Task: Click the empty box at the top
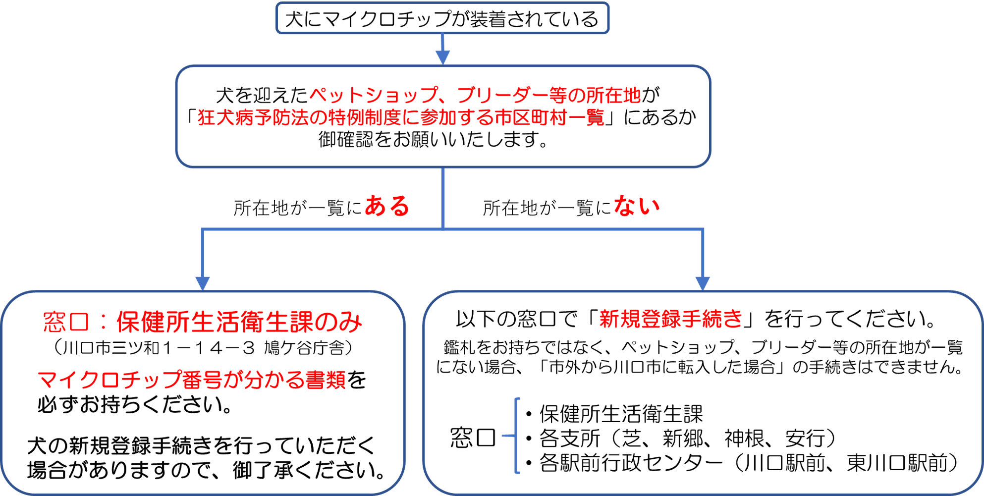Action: coord(442,18)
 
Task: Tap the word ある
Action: coord(387,206)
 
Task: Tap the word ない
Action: coord(637,206)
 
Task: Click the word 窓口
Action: coord(66,323)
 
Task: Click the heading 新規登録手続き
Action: coord(671,319)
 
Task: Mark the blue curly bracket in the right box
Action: coord(515,435)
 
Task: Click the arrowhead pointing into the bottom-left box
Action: coord(202,283)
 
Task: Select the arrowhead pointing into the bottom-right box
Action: coord(703,283)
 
